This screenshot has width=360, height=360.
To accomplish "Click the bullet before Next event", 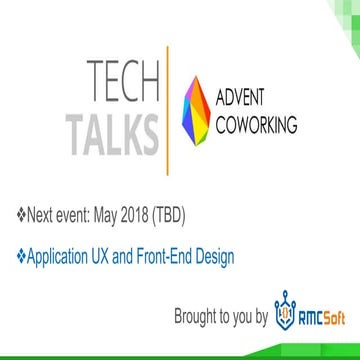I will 22,213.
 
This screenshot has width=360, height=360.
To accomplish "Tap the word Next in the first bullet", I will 46,213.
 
